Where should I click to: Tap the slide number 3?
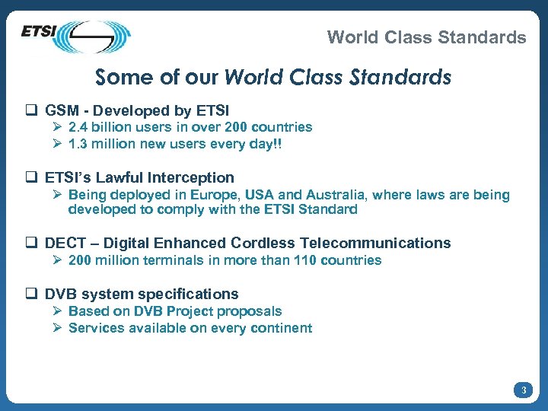pos(523,390)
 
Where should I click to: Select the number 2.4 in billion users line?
pos(78,127)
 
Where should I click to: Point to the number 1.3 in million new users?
pos(78,144)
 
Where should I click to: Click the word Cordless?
pos(263,244)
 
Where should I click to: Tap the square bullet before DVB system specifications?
pos(33,294)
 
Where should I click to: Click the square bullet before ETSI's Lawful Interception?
pos(33,177)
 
